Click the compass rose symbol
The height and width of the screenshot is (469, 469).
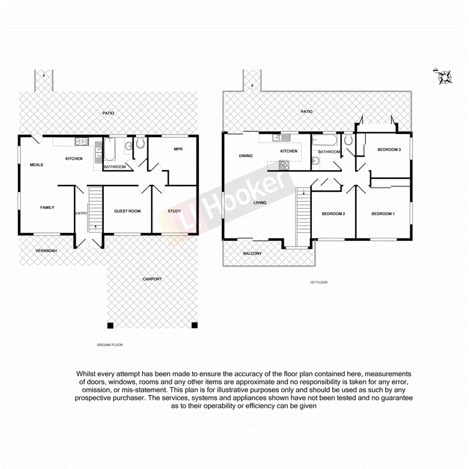coord(444,76)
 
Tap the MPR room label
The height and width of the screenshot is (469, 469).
coord(178,149)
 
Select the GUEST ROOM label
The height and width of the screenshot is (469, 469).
coord(127,211)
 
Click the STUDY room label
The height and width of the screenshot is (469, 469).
coord(174,211)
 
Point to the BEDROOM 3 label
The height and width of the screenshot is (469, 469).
coord(389,149)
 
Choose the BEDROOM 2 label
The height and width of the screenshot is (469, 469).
coord(333,214)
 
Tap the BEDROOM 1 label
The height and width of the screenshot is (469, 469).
coord(383,214)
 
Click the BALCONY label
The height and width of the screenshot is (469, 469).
coord(252,254)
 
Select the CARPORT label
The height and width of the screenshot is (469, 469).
coord(152,279)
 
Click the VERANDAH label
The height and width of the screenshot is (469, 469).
coord(46,251)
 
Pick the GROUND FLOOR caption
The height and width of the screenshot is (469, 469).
coord(110,345)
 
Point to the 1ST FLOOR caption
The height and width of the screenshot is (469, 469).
coord(318,282)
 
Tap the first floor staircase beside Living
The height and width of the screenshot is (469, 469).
coord(302,216)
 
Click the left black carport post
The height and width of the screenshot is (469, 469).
coord(110,325)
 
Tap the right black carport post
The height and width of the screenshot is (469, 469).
coord(194,325)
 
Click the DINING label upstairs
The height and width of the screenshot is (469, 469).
coord(246,156)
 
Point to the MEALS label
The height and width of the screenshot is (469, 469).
coord(36,165)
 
